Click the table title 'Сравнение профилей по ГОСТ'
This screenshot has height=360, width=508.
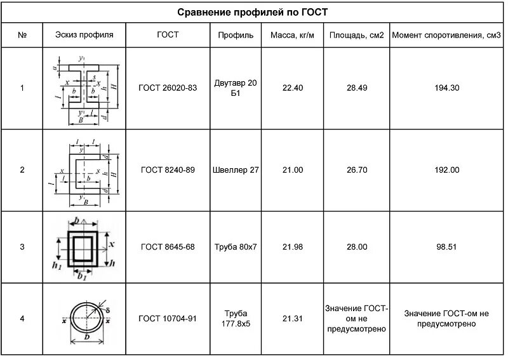tap(252, 12)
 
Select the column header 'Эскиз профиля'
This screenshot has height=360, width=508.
tap(84, 35)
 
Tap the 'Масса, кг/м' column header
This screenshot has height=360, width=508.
tap(292, 35)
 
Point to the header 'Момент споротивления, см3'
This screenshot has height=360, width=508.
tap(446, 35)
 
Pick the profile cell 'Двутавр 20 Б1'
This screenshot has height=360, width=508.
tap(236, 88)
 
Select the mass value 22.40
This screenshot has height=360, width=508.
tap(292, 88)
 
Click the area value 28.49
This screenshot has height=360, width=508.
tap(357, 88)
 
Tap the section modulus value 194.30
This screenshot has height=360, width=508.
tap(446, 88)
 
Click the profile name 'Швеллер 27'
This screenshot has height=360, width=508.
tap(236, 170)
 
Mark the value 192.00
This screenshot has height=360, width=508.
tap(446, 170)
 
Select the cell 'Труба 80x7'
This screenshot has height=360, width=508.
tap(236, 247)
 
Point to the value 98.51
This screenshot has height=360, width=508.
tap(446, 247)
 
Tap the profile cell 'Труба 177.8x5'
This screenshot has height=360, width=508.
tap(236, 318)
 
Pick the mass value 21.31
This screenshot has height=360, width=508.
tap(292, 318)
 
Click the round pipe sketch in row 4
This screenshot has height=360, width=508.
tap(85, 317)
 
